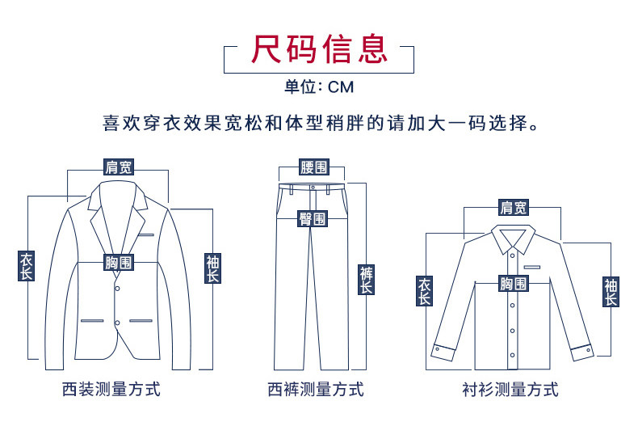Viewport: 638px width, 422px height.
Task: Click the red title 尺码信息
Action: click(x=319, y=49)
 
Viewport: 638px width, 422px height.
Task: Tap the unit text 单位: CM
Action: click(x=319, y=87)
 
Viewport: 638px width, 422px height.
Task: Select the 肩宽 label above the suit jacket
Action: click(x=119, y=167)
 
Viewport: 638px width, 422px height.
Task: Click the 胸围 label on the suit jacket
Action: click(x=119, y=263)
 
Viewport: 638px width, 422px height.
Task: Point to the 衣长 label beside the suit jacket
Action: click(x=27, y=266)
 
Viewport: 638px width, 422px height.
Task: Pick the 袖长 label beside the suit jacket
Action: click(x=212, y=268)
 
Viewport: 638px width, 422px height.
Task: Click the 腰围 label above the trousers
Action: click(x=313, y=167)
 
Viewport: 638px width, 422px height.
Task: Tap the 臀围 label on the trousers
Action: click(x=313, y=218)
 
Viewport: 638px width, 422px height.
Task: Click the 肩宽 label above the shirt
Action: click(x=513, y=208)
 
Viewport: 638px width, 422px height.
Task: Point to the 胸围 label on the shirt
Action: click(x=513, y=283)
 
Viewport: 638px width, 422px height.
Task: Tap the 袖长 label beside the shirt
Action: click(x=611, y=291)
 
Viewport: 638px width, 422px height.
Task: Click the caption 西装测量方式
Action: click(x=111, y=390)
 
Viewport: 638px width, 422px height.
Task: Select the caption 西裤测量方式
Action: click(x=316, y=390)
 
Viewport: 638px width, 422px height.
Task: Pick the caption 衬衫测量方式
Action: click(x=511, y=390)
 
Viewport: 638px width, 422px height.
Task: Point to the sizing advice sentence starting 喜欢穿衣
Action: click(x=319, y=125)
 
